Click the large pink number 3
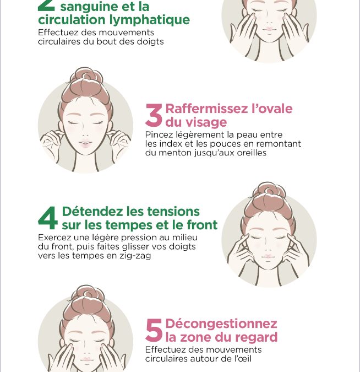click(154, 115)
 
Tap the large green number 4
click(48, 218)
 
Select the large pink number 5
click(154, 330)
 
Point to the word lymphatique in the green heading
click(150, 20)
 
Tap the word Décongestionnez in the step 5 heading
click(221, 324)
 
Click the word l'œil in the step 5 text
click(243, 358)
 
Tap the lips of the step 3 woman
click(85, 143)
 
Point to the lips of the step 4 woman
click(268, 256)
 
